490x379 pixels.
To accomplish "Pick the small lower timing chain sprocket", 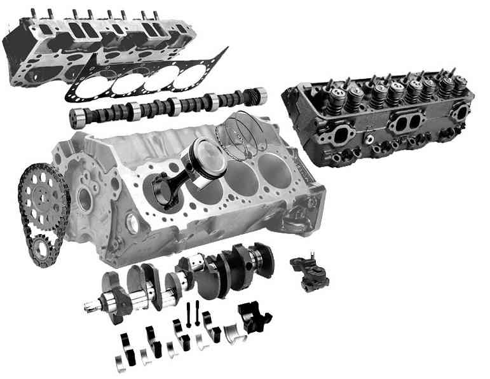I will (43, 245).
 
